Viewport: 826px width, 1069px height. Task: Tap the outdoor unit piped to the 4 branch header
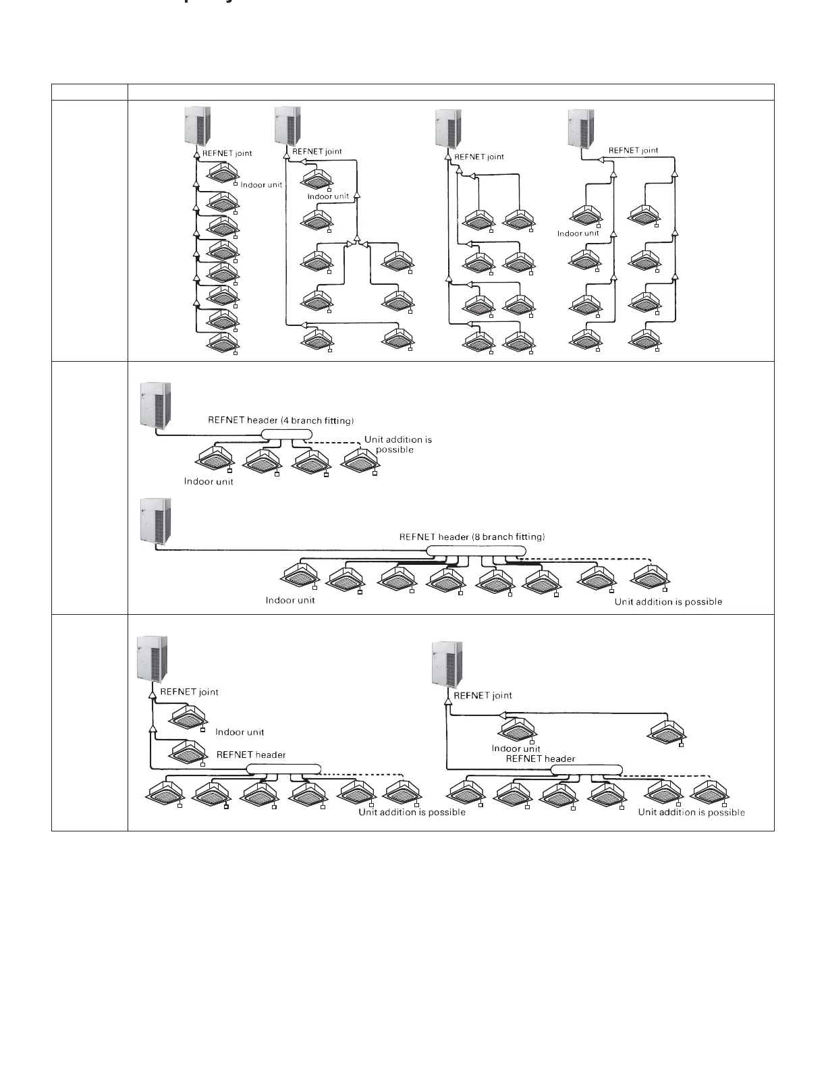pyautogui.click(x=155, y=405)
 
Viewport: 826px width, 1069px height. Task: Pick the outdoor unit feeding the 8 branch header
pyautogui.click(x=155, y=522)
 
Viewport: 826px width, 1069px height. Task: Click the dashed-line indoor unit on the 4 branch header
pyautogui.click(x=362, y=461)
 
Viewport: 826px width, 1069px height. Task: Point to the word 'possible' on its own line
pyautogui.click(x=395, y=449)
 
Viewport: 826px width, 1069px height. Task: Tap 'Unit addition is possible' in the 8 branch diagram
pyautogui.click(x=668, y=602)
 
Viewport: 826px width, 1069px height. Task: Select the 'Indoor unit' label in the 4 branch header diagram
pyautogui.click(x=209, y=482)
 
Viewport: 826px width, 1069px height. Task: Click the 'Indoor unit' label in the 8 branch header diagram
pyautogui.click(x=290, y=601)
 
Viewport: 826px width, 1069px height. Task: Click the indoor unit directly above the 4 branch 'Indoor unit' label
pyautogui.click(x=213, y=459)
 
